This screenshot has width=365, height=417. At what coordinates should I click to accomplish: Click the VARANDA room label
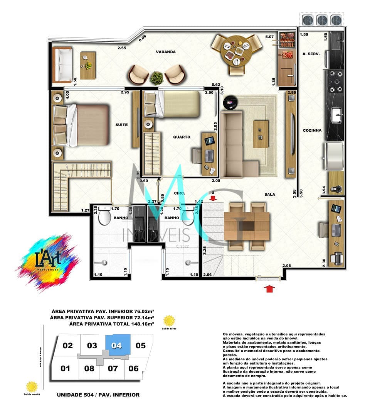(166, 52)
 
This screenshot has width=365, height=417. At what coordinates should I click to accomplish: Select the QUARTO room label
(181, 137)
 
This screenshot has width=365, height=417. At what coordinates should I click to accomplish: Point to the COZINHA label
(312, 131)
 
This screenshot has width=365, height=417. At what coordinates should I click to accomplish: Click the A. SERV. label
(311, 54)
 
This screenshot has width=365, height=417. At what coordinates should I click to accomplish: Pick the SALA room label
(270, 194)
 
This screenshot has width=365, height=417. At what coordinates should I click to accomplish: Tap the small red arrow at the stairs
(213, 198)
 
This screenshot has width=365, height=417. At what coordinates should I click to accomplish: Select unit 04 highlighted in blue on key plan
(117, 345)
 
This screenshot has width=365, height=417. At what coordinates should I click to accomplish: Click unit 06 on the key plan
(133, 368)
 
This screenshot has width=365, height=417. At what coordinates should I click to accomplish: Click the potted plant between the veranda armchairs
(156, 78)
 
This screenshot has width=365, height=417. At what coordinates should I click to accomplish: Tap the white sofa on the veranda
(62, 65)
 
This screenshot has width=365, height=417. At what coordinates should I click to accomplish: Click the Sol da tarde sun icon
(169, 321)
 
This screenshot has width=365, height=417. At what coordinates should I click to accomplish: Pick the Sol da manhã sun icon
(32, 386)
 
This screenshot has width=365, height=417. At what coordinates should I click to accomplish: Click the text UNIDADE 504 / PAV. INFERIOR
(98, 395)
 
